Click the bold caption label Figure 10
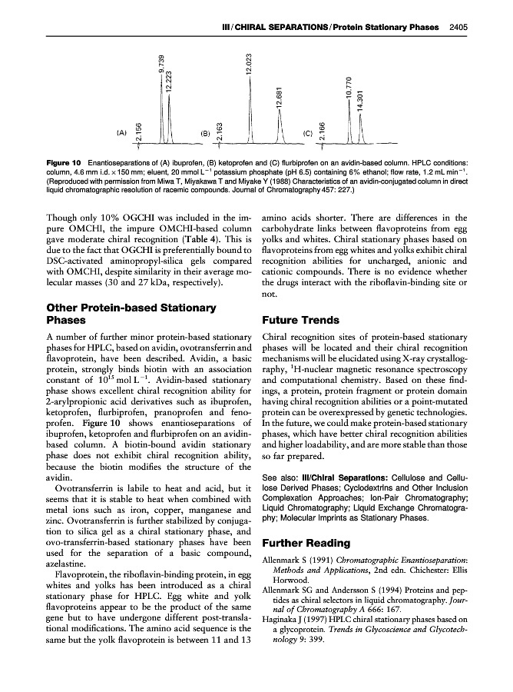click(x=64, y=163)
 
